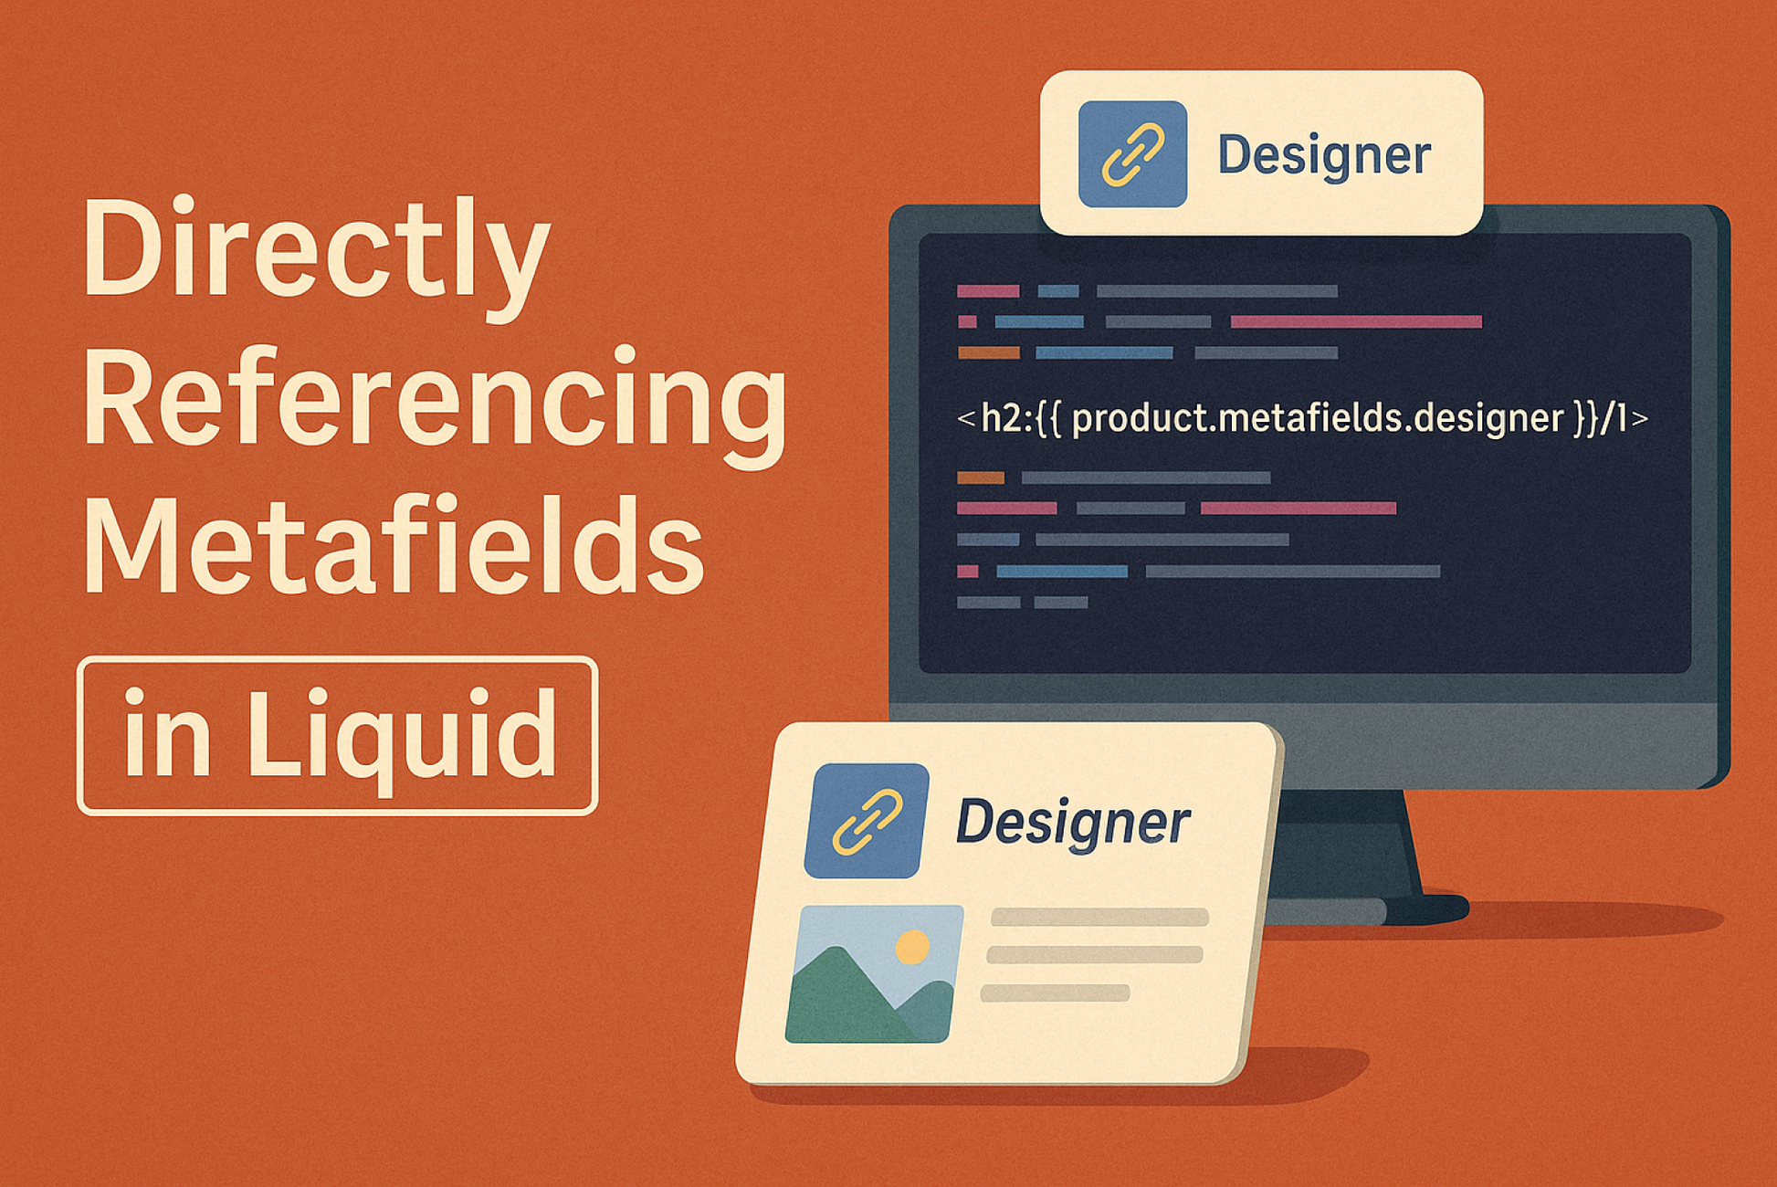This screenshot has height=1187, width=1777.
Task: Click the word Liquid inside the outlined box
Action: click(402, 735)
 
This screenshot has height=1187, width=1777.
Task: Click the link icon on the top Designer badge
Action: click(1132, 154)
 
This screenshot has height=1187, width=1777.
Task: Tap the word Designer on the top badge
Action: click(1323, 154)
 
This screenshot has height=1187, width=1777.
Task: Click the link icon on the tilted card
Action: click(866, 820)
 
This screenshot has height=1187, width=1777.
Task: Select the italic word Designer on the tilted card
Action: click(1073, 822)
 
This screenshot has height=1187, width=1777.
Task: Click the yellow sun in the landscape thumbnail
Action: click(911, 947)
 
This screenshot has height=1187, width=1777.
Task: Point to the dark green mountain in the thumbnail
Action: click(840, 1000)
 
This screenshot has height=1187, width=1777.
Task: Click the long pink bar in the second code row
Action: click(1356, 321)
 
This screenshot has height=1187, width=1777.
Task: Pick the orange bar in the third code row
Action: click(989, 352)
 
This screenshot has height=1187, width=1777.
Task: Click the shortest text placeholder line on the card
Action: click(1055, 993)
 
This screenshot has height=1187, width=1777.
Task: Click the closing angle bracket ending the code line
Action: click(1640, 419)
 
